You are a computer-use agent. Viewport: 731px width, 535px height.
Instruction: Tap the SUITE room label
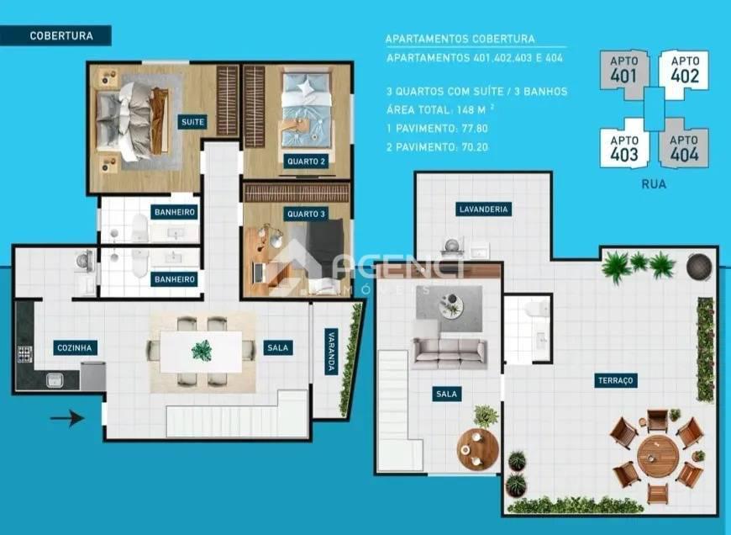coord(192,122)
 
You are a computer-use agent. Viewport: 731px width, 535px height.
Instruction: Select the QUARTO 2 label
coord(305,162)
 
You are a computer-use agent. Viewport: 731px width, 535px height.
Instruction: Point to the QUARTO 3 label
coord(305,214)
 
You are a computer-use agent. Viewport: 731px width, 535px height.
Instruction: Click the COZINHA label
coord(75,347)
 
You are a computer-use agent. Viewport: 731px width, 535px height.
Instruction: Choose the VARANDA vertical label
coord(330,351)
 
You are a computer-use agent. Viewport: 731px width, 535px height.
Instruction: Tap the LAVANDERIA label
coord(483,209)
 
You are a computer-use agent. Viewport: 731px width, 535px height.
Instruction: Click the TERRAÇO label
coord(616,380)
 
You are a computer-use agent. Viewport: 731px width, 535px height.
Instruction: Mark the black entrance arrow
coord(68,417)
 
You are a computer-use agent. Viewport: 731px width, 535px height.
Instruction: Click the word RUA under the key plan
coord(653,184)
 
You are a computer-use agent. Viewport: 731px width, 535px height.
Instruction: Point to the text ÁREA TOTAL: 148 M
coord(436,109)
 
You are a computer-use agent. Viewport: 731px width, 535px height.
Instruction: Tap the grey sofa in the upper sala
coord(449,352)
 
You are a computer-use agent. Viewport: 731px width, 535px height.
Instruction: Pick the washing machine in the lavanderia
coord(452,246)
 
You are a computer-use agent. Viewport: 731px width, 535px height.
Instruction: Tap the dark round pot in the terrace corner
coord(699,266)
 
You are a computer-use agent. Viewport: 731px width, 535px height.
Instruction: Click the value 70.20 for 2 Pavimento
coord(471,146)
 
